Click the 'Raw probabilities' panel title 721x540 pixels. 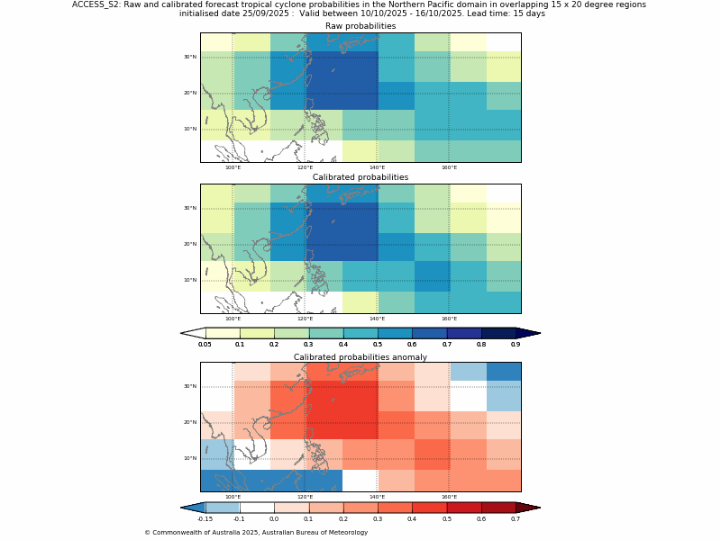point(360,26)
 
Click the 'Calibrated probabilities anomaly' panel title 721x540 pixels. point(360,357)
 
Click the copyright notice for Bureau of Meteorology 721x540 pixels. point(256,532)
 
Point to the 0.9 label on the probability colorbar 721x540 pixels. point(516,344)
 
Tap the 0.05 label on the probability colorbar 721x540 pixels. point(205,344)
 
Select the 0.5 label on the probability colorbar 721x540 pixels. point(378,344)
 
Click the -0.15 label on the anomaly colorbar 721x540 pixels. point(205,518)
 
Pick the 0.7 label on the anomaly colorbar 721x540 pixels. point(516,518)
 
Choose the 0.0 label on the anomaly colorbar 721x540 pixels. point(274,518)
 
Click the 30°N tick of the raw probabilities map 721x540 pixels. point(190,57)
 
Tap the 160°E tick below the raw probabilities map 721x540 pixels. point(449,167)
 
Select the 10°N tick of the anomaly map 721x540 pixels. point(190,458)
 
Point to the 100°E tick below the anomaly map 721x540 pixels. point(233,497)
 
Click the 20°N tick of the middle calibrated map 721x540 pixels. point(190,244)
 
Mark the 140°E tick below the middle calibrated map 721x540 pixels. point(377,319)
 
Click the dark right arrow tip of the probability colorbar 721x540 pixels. point(529,333)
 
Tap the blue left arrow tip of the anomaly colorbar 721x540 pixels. point(192,508)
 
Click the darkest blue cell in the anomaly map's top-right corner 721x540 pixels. point(504,372)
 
